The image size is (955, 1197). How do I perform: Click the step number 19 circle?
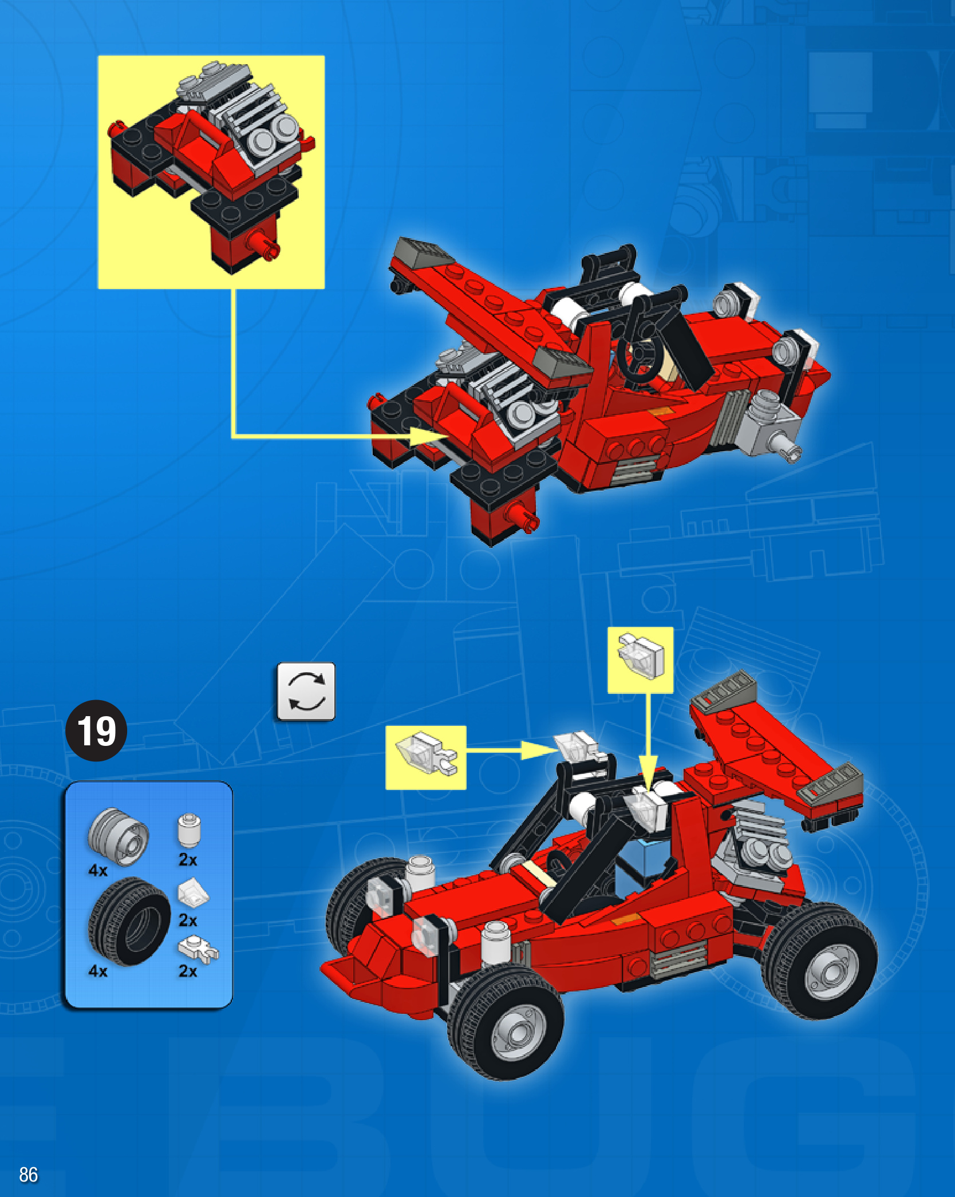[96, 730]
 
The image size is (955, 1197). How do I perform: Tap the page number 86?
[28, 1174]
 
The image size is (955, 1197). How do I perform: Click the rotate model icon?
[306, 692]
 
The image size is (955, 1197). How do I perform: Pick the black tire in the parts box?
[129, 921]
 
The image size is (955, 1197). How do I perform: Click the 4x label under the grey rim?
[98, 871]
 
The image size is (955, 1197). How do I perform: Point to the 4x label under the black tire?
[98, 971]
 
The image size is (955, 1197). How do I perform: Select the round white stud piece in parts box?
[188, 830]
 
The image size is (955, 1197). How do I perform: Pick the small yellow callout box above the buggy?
[640, 660]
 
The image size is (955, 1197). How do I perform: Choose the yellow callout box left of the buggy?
[426, 757]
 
